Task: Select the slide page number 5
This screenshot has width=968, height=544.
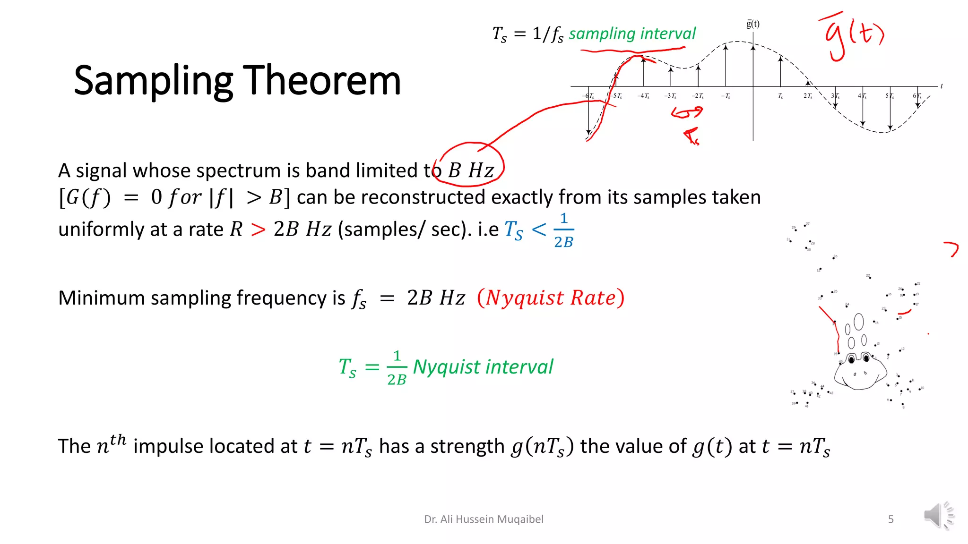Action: click(890, 519)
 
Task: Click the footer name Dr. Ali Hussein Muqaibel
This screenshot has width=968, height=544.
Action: click(484, 519)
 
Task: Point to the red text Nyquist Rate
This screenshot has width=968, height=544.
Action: click(551, 298)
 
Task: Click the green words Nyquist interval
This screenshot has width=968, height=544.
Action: click(483, 367)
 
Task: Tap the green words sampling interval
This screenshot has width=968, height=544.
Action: click(632, 34)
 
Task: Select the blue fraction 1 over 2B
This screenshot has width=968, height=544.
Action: click(563, 230)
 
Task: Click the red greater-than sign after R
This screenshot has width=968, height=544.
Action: click(258, 230)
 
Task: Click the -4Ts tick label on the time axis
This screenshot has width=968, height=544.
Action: click(643, 96)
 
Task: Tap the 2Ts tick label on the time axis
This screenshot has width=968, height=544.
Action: click(808, 96)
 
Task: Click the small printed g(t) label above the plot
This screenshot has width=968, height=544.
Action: click(753, 24)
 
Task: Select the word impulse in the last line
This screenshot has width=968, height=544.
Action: click(168, 446)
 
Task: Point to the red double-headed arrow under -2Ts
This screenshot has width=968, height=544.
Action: click(687, 113)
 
